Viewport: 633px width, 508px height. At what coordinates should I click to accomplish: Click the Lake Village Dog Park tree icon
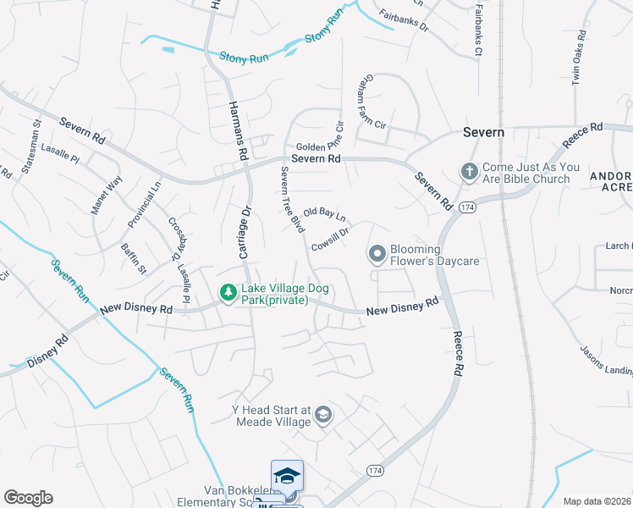coord(228,293)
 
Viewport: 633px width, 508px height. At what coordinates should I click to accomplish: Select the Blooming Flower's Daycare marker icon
coord(377,253)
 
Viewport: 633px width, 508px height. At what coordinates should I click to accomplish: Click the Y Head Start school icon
coord(322,415)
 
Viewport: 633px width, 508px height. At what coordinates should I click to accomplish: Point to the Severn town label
coord(484,132)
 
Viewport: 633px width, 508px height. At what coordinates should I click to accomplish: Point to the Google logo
coord(27,498)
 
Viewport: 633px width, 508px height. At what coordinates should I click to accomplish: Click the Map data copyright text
coord(597,501)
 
